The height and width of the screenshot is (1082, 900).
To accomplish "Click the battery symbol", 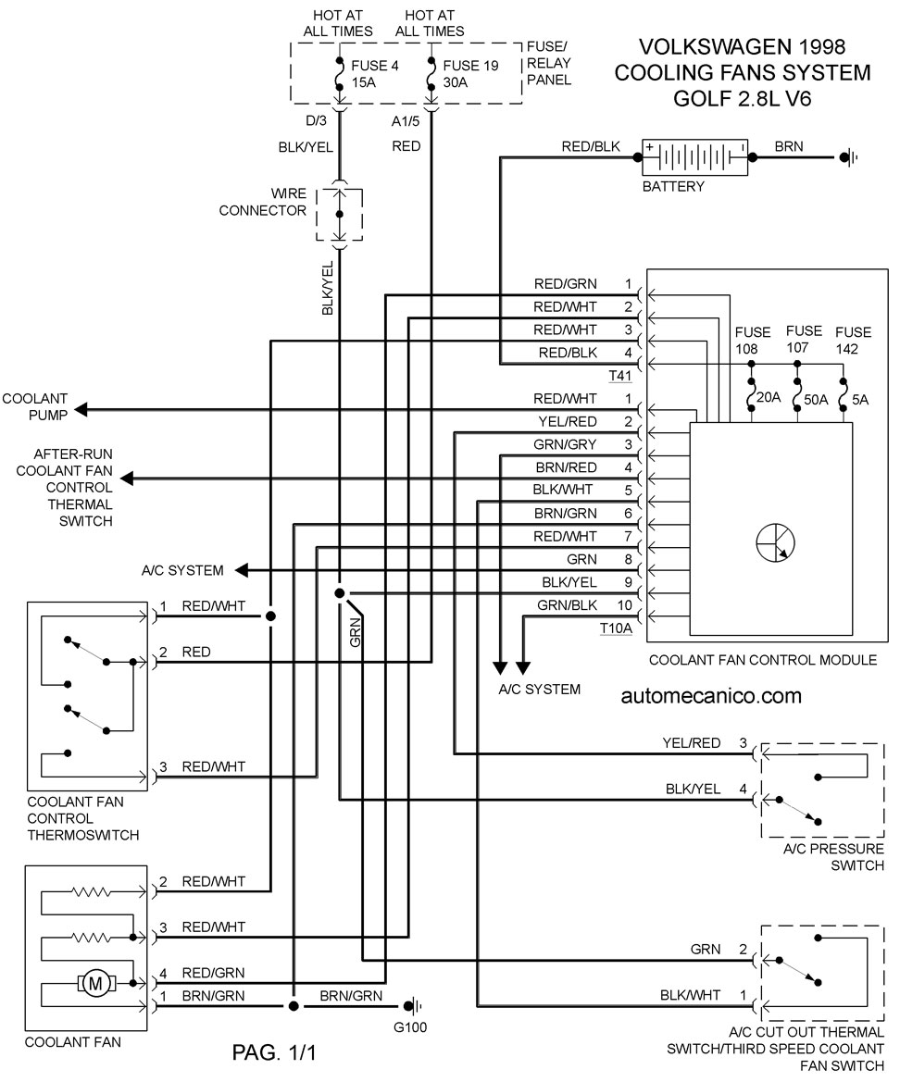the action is coord(694,157).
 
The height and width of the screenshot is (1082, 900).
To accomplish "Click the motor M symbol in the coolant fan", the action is coord(95,983).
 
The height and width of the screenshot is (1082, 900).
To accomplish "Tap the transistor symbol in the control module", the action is coord(775,542).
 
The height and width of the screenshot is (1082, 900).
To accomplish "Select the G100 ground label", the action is coord(410,1026).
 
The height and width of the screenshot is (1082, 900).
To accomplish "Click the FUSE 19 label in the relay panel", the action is coord(470,66).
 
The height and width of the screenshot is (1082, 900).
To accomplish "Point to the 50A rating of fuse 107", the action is coord(816,400).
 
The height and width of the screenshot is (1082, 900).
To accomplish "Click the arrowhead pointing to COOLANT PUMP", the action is coord(81,410).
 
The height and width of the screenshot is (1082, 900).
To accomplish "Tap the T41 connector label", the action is coord(620,376).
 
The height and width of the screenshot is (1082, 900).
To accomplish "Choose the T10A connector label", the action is coord(616,628).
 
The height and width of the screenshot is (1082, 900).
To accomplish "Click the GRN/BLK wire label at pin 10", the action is coord(568,605).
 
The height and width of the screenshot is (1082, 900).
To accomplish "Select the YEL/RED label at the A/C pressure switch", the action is coord(692,742).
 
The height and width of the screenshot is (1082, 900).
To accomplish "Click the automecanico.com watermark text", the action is coord(711,696).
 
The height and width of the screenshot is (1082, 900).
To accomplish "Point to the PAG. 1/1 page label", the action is coord(274,1052).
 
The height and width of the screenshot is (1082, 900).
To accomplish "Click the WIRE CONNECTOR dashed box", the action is coord(340,214).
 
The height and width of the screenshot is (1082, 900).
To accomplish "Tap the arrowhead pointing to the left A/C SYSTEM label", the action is coord(242,571).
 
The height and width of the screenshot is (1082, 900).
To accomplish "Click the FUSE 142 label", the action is coord(853,341).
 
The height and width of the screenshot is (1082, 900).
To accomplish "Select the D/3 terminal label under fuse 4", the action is coord(316,120).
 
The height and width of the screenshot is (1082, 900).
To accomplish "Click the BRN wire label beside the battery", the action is coord(789,146).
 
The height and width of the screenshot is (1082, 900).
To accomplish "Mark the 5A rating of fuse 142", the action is coord(860,400).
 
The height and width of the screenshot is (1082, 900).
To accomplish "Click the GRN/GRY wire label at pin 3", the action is coord(565,444).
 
